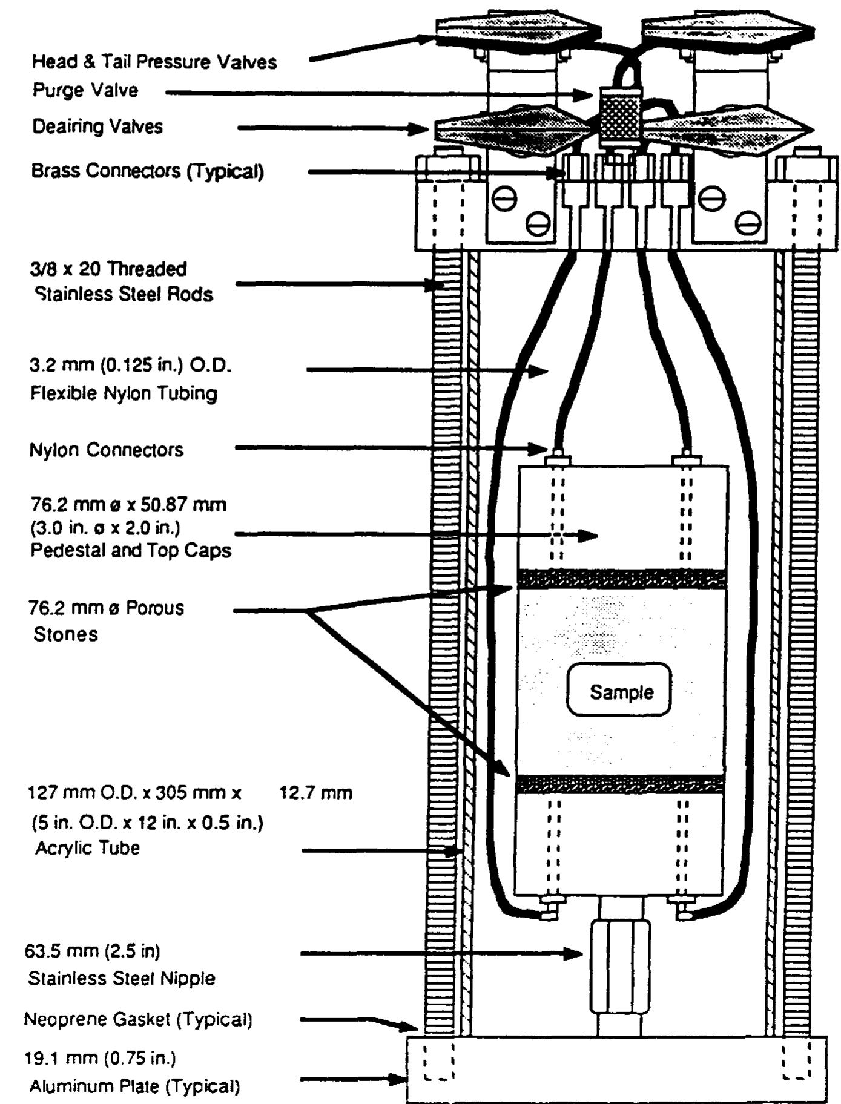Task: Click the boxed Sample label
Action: pyautogui.click(x=619, y=691)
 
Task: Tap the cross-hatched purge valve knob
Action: pyautogui.click(x=619, y=116)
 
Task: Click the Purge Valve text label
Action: pyautogui.click(x=85, y=90)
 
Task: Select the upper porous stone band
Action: pyautogui.click(x=621, y=579)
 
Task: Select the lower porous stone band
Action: pyautogui.click(x=621, y=784)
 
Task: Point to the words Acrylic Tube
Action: pyautogui.click(x=87, y=847)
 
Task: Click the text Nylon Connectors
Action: pyautogui.click(x=106, y=450)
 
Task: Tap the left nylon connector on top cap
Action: pyautogui.click(x=558, y=459)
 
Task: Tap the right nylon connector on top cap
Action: pyautogui.click(x=687, y=459)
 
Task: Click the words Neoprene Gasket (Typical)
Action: pyautogui.click(x=138, y=1019)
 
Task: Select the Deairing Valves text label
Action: pyautogui.click(x=97, y=126)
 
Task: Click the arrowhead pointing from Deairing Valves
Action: pyautogui.click(x=420, y=128)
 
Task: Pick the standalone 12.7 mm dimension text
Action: pyautogui.click(x=315, y=793)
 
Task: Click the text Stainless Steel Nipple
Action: pyautogui.click(x=122, y=979)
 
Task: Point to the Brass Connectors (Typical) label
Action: pyautogui.click(x=147, y=171)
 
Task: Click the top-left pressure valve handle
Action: pyautogui.click(x=518, y=30)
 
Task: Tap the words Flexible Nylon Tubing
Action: pyautogui.click(x=124, y=393)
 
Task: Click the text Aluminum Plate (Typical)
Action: pyautogui.click(x=134, y=1086)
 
